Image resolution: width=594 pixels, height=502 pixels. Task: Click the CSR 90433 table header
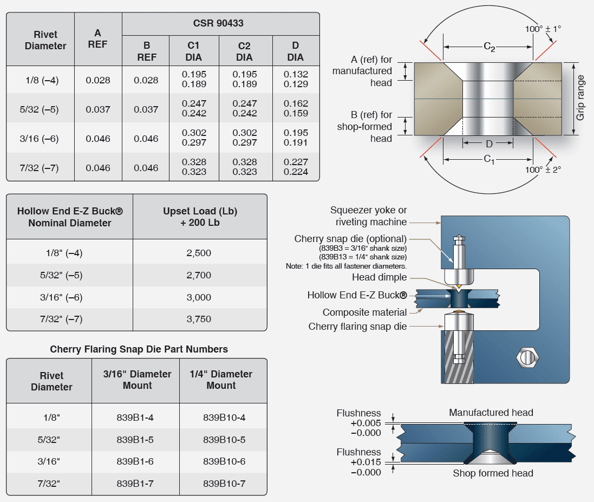(x=221, y=24)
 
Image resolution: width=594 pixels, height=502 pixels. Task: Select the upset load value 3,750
(x=199, y=319)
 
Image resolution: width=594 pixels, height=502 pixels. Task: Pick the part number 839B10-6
(x=224, y=461)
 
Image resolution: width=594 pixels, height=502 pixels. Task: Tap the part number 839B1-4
(x=136, y=418)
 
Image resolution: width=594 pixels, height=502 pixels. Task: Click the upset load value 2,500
(x=199, y=253)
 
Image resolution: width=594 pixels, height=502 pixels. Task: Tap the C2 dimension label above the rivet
(x=489, y=48)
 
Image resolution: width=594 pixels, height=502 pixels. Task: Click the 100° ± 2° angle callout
(x=543, y=169)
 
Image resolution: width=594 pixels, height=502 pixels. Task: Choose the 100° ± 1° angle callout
(x=543, y=28)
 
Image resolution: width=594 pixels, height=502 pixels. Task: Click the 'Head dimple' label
(x=379, y=277)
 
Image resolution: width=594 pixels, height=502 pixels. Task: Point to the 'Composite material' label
(x=364, y=312)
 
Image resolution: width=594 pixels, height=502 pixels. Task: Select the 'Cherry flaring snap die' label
(x=357, y=327)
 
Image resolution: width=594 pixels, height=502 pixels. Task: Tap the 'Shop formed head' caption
(x=493, y=473)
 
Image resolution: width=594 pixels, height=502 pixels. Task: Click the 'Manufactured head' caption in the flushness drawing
(x=491, y=413)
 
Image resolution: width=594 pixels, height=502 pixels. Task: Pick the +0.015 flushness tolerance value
(x=365, y=462)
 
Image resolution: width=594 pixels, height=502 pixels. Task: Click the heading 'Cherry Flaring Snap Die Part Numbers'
(x=139, y=349)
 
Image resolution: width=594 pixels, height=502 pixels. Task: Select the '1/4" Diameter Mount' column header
(x=221, y=380)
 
